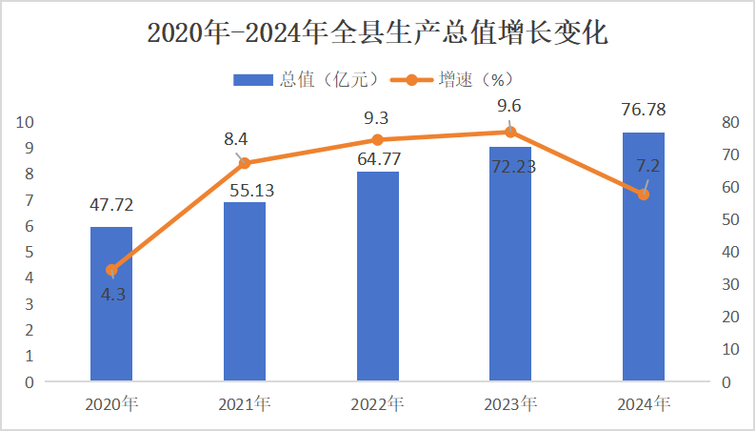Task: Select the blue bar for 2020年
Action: click(111, 305)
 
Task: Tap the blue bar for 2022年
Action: click(378, 277)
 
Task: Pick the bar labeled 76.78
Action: click(644, 257)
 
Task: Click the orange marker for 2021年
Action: click(245, 163)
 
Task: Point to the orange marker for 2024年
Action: click(644, 195)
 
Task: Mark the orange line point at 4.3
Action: click(111, 270)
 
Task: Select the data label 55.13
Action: click(245, 190)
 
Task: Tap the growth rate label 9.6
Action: click(510, 106)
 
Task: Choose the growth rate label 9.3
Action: click(377, 118)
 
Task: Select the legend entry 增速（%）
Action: click(465, 79)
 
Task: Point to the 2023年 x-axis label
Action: click(510, 404)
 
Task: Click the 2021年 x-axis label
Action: click(245, 404)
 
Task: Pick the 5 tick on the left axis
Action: click(29, 252)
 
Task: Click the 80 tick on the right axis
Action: click(731, 122)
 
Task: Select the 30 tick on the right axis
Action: click(731, 284)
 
